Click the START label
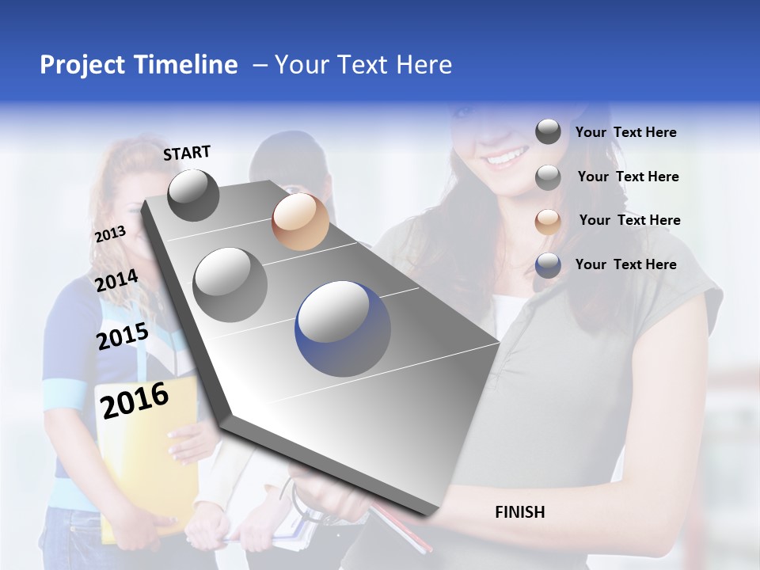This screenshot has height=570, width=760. tap(187, 153)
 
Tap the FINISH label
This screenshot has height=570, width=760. tap(519, 512)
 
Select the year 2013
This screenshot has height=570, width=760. tap(110, 234)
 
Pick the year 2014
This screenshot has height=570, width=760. tap(116, 281)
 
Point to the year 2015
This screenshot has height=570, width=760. tap(122, 336)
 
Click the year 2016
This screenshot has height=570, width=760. tap(135, 400)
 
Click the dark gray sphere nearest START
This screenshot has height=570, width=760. tap(193, 195)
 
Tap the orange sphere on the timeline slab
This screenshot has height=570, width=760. tap(300, 221)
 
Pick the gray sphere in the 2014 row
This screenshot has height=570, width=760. tap(230, 284)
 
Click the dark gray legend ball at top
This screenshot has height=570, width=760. tap(548, 132)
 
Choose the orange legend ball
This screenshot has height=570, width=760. tap(548, 221)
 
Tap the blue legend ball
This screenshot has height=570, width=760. tap(548, 265)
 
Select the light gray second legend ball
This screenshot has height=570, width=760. tap(548, 177)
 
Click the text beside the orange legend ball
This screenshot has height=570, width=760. tap(629, 220)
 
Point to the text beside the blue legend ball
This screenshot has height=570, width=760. tap(625, 264)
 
